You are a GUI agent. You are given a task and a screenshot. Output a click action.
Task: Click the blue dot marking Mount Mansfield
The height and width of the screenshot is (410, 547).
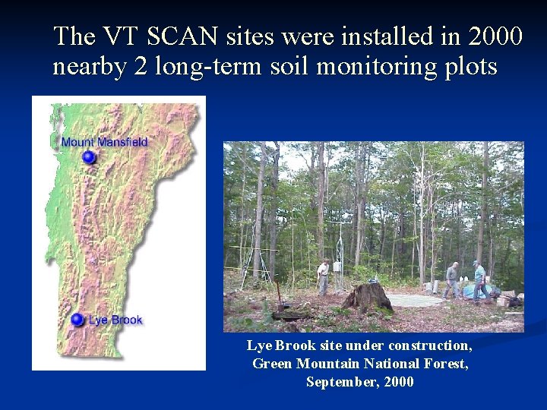click(x=89, y=157)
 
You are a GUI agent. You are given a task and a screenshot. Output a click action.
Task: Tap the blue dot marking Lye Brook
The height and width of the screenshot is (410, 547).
click(x=77, y=320)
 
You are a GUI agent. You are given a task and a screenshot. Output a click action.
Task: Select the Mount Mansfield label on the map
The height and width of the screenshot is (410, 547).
click(x=104, y=142)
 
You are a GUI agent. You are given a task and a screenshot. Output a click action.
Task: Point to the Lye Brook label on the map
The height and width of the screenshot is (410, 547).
click(x=115, y=320)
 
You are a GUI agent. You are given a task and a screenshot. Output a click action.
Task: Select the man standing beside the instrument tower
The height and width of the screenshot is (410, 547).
click(x=324, y=276)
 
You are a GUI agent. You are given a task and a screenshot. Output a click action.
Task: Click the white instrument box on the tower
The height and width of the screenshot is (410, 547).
click(x=337, y=266)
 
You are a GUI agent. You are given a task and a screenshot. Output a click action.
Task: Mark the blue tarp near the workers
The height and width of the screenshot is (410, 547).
click(x=475, y=292)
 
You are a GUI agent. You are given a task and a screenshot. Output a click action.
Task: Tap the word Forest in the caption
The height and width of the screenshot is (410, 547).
click(x=449, y=364)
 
